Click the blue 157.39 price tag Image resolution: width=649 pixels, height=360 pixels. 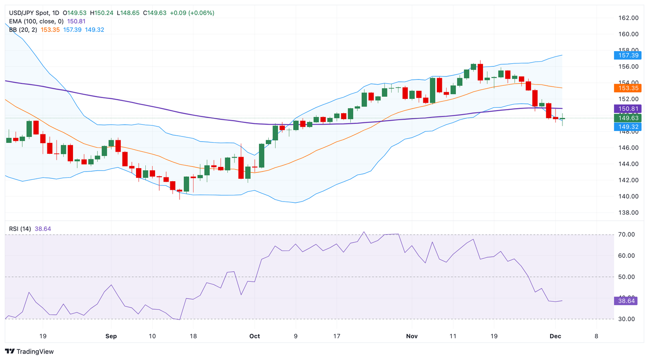click(x=628, y=55)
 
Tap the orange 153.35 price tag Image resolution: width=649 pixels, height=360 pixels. click(x=628, y=88)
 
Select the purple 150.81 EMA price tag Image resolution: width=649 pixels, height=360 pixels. click(x=628, y=109)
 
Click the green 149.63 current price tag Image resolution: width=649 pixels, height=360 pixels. click(x=628, y=118)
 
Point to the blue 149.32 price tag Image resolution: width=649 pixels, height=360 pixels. click(x=628, y=127)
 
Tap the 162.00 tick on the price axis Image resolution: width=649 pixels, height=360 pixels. click(x=628, y=18)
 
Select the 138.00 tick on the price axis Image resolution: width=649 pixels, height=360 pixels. click(x=628, y=213)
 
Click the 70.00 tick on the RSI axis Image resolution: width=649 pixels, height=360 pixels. click(x=626, y=235)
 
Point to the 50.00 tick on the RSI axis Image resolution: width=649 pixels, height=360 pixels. click(x=626, y=277)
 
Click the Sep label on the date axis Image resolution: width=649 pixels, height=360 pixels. click(x=111, y=336)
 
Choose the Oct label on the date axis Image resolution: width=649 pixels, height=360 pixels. click(x=254, y=336)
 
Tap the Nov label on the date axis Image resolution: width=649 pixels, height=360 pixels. click(x=412, y=336)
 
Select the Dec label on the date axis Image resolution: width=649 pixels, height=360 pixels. click(x=555, y=336)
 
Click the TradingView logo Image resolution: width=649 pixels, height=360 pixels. click(x=30, y=352)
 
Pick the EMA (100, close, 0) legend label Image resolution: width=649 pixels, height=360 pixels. click(x=36, y=22)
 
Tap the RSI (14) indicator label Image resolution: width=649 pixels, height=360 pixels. click(x=20, y=229)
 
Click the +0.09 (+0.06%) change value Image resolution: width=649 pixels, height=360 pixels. click(x=192, y=13)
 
